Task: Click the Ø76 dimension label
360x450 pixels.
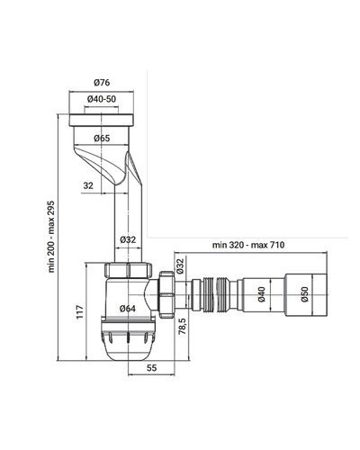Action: pyautogui.click(x=102, y=82)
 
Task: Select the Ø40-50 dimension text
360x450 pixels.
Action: pyautogui.click(x=102, y=99)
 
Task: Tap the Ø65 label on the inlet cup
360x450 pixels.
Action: pyautogui.click(x=102, y=139)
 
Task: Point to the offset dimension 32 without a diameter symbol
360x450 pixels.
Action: pyautogui.click(x=88, y=185)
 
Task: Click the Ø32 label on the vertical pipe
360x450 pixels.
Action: pyautogui.click(x=128, y=239)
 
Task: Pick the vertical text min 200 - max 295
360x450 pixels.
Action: pyautogui.click(x=51, y=237)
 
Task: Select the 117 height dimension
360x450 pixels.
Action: pyautogui.click(x=79, y=312)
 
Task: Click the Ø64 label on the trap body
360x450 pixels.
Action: pyautogui.click(x=128, y=309)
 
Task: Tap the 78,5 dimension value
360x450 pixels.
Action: pyautogui.click(x=183, y=327)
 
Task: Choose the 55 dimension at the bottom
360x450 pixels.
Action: pyautogui.click(x=151, y=368)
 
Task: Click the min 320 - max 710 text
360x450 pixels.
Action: pyautogui.click(x=248, y=245)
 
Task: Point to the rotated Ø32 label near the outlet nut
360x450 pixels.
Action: pyautogui.click(x=180, y=266)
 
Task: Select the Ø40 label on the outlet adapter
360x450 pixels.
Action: pyautogui.click(x=261, y=294)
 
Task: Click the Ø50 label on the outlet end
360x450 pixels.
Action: pyautogui.click(x=304, y=294)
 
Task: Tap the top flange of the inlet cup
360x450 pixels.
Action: pyautogui.click(x=102, y=120)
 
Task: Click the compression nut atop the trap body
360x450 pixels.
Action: pyautogui.click(x=128, y=270)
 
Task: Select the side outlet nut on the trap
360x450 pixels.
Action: pyautogui.click(x=166, y=294)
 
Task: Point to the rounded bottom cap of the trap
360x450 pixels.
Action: pyautogui.click(x=128, y=341)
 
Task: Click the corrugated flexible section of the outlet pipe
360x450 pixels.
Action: pyautogui.click(x=214, y=295)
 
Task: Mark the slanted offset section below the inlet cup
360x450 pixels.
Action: pyautogui.click(x=107, y=165)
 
